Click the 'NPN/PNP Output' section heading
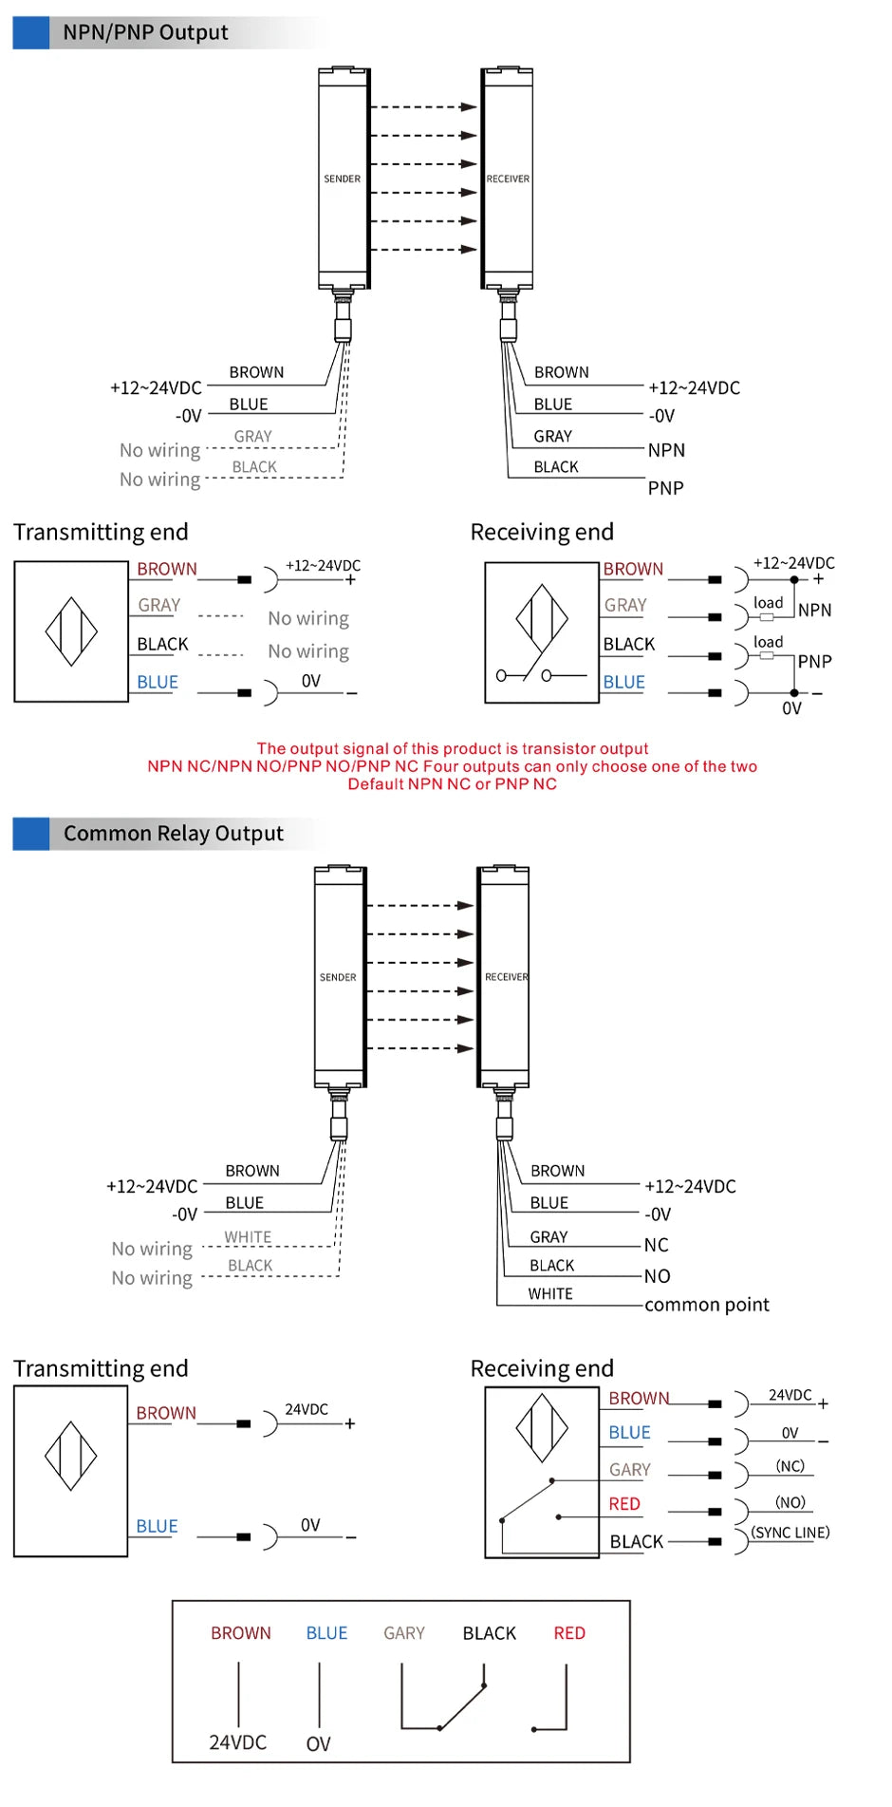(x=145, y=33)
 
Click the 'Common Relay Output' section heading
(x=174, y=834)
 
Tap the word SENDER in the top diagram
(x=343, y=179)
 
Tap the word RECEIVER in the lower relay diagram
(x=507, y=977)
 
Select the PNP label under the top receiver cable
(x=666, y=488)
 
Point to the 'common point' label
(x=707, y=1305)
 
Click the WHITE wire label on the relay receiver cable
(x=550, y=1294)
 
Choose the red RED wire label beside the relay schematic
(x=624, y=1504)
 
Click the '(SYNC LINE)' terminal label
(x=790, y=1533)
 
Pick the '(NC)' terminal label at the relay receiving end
(x=790, y=1466)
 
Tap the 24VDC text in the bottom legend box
(x=238, y=1742)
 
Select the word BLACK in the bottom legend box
(x=490, y=1633)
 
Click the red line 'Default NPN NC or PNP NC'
(x=453, y=784)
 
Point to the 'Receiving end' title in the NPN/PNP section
(x=542, y=532)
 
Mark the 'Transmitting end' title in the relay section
(x=101, y=1368)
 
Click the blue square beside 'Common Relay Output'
(x=31, y=834)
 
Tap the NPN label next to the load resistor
(x=815, y=611)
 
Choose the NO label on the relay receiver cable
(x=658, y=1276)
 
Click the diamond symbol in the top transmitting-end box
(x=71, y=631)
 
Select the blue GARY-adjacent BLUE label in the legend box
(x=326, y=1633)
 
